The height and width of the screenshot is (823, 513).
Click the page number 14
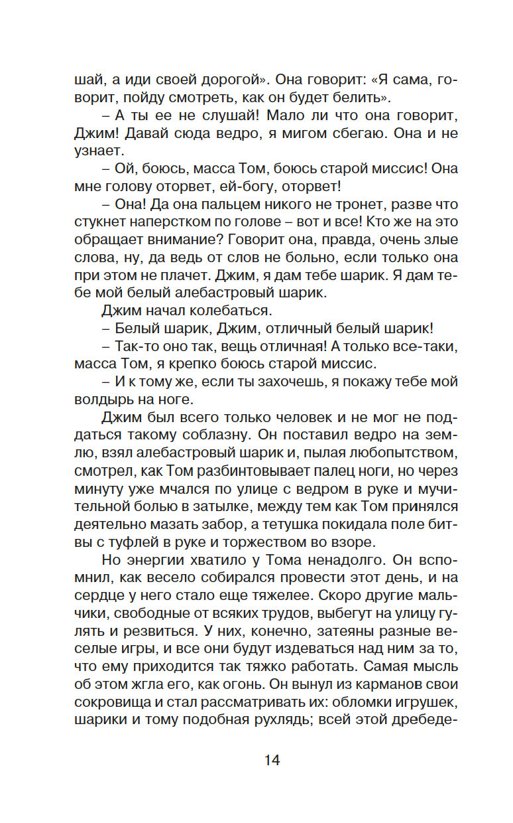pyautogui.click(x=272, y=761)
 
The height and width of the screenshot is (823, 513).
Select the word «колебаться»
pyautogui.click(x=222, y=309)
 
